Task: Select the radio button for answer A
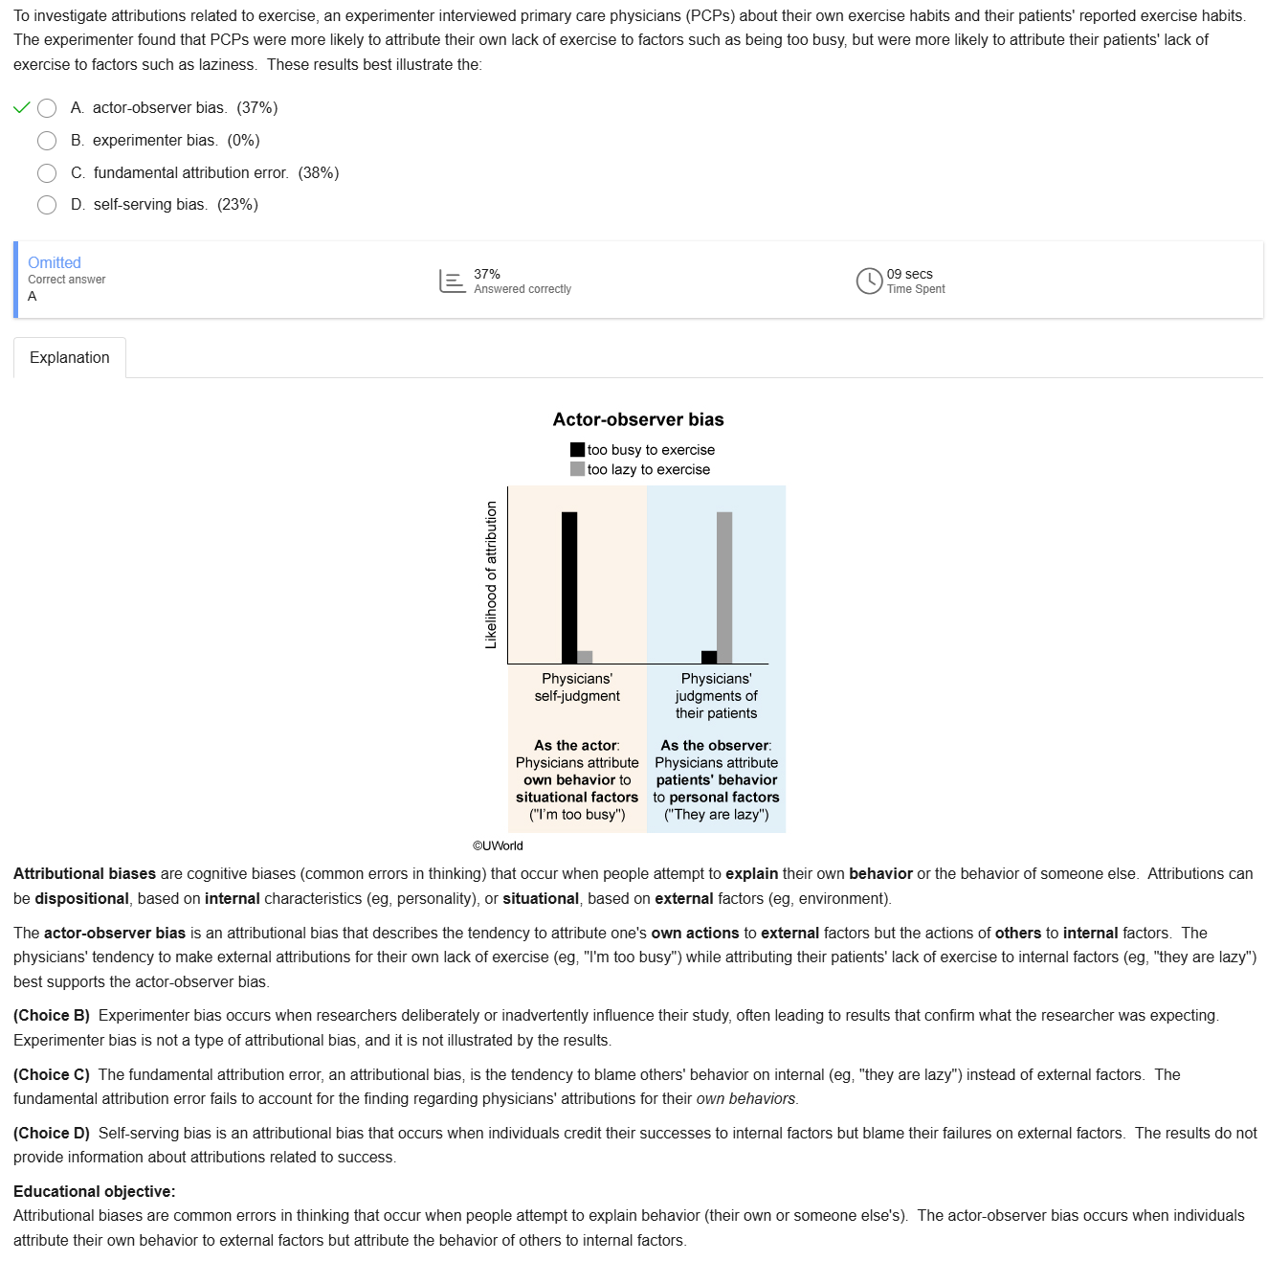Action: (x=47, y=108)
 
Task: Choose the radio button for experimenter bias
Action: (x=47, y=141)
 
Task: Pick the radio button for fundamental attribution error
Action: (x=47, y=173)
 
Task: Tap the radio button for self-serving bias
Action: (x=47, y=205)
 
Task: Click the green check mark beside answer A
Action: (x=22, y=107)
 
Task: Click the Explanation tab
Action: (x=70, y=358)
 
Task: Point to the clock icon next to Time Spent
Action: (x=869, y=281)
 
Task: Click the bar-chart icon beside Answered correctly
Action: (x=452, y=281)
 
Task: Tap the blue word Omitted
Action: (x=55, y=262)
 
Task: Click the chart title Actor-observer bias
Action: (x=638, y=419)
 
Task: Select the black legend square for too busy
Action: (x=577, y=449)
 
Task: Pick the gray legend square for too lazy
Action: (x=577, y=469)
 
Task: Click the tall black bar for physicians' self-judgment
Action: (x=569, y=587)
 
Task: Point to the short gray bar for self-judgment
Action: (x=585, y=657)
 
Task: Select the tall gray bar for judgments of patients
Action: (x=724, y=587)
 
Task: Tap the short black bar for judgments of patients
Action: (x=709, y=657)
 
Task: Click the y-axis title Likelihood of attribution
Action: (x=492, y=574)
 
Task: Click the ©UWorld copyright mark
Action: (x=498, y=845)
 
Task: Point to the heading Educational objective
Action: (x=95, y=1191)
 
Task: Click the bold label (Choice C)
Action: (x=52, y=1074)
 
